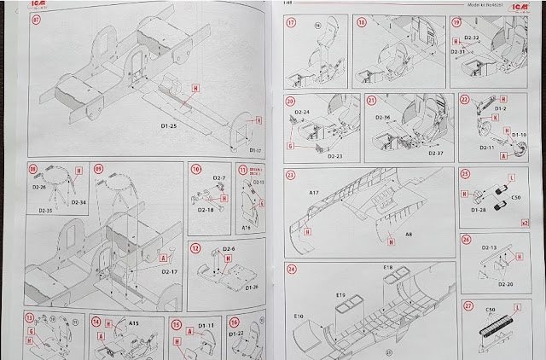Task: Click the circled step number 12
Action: [195, 248]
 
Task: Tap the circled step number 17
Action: [291, 23]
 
